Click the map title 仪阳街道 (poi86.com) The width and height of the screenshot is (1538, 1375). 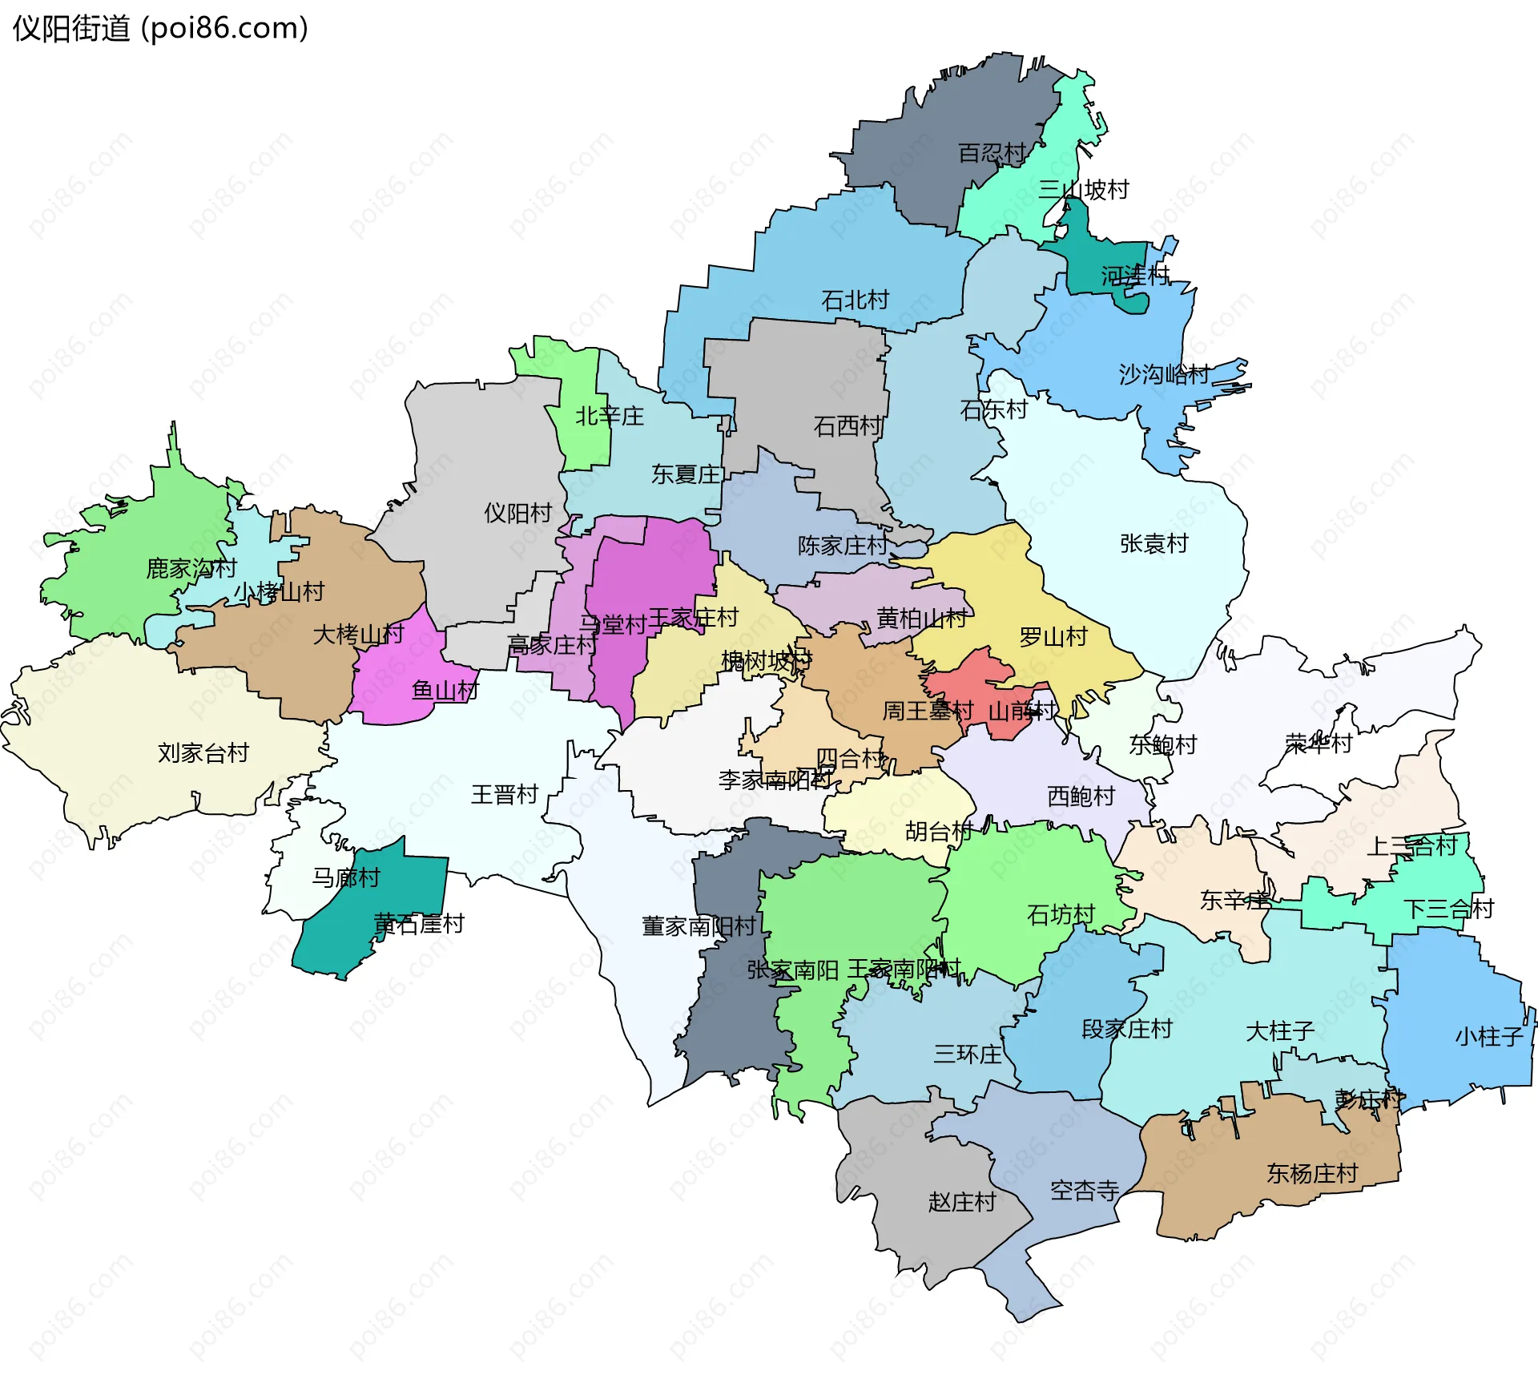point(160,29)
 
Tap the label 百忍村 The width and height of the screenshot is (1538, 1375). point(992,153)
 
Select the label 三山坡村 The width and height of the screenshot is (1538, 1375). point(1083,190)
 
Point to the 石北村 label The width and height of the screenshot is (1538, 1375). point(856,300)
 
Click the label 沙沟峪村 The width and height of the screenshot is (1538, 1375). point(1164,374)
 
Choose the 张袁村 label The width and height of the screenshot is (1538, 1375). point(1153,544)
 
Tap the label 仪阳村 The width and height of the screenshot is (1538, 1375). point(517,513)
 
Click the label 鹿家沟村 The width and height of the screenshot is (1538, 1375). point(191,569)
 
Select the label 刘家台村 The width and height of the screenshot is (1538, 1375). point(203,753)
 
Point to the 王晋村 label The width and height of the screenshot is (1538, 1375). point(504,795)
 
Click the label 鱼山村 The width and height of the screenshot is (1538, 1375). point(445,690)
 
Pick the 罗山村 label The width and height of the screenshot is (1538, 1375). point(1053,637)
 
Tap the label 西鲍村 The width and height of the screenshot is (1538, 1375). point(1081,796)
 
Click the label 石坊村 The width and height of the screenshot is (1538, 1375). point(1061,914)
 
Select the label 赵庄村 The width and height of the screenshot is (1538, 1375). point(961,1202)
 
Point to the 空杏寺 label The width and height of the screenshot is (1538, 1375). point(1085,1191)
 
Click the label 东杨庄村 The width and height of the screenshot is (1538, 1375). point(1312,1174)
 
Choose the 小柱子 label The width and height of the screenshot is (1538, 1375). point(1489,1037)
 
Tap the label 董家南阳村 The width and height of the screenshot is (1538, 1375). point(699,926)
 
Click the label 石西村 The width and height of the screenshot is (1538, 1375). point(848,426)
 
